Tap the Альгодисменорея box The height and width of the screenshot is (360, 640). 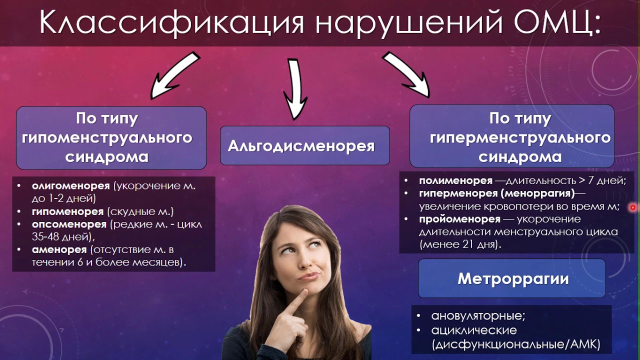[x=304, y=145]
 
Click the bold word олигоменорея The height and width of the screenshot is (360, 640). [x=70, y=186]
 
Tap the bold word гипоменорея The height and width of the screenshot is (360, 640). [x=67, y=211]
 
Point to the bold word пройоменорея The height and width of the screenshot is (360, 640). [x=459, y=219]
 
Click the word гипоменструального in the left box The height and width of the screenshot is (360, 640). [x=107, y=137]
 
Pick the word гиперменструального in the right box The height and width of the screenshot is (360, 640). [x=520, y=137]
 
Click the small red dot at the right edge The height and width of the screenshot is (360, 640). [x=633, y=206]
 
